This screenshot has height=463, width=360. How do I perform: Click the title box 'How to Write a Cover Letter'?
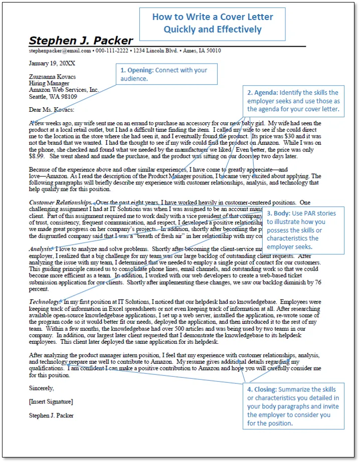[213, 23]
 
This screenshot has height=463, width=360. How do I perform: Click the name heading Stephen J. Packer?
[81, 41]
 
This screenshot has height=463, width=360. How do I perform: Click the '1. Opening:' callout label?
[136, 70]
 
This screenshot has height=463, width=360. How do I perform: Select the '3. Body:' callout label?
[278, 213]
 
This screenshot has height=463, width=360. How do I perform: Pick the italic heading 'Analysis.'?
[41, 249]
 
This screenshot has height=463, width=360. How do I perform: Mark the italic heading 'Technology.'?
[45, 302]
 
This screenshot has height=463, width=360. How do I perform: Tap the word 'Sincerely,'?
[42, 388]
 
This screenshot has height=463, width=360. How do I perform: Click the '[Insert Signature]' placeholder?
[51, 401]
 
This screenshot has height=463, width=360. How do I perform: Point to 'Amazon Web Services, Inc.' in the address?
[64, 90]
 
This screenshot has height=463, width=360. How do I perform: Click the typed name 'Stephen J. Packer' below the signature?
[52, 415]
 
